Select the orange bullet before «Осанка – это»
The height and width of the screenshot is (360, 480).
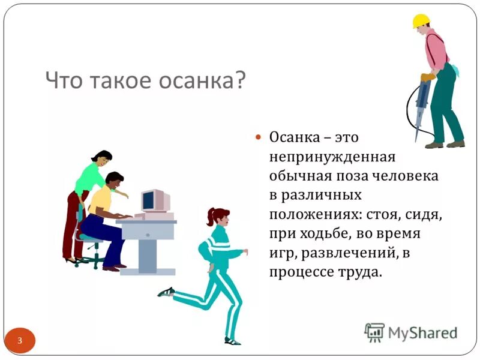(x=259, y=137)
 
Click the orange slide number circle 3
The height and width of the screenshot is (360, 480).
(x=20, y=341)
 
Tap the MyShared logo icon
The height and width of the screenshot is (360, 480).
(x=374, y=332)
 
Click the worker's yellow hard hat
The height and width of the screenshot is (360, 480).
(x=421, y=21)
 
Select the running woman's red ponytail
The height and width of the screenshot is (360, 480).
(x=211, y=217)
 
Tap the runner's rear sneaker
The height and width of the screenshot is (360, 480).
(x=166, y=292)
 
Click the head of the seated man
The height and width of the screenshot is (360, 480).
(x=113, y=179)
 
